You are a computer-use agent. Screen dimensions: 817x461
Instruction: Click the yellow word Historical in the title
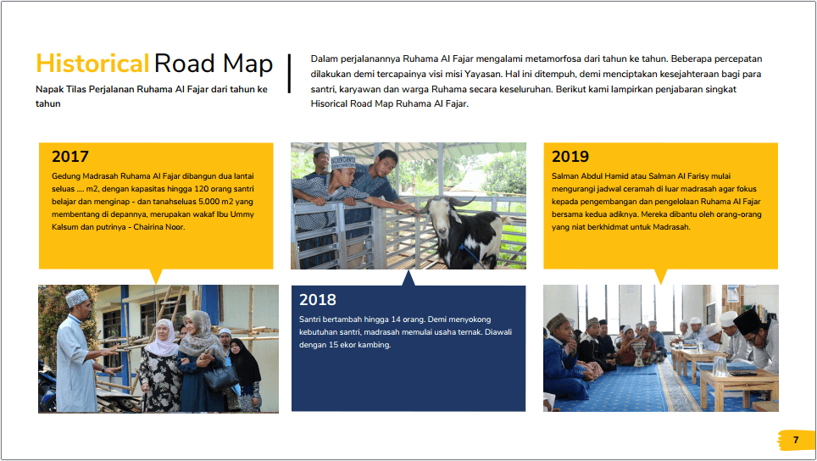point(92,64)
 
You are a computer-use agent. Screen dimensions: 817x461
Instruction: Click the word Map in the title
point(248,64)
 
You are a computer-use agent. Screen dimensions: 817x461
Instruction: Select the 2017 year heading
point(70,156)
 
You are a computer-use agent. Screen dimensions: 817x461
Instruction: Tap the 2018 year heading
point(318,299)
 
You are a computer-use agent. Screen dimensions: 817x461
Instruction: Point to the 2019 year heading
point(570,156)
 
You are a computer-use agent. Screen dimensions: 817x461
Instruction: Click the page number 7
point(796,440)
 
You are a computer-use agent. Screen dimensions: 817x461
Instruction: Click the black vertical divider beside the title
point(289,74)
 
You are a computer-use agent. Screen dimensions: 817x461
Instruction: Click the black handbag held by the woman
point(220,376)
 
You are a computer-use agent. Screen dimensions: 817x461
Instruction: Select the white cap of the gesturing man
point(76,298)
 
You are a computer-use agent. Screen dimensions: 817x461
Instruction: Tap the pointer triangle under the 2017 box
point(156,276)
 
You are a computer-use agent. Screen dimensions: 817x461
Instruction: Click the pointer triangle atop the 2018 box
point(408,278)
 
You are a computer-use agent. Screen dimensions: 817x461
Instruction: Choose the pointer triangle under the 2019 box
point(661,276)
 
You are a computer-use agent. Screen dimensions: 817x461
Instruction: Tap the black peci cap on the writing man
point(747,321)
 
